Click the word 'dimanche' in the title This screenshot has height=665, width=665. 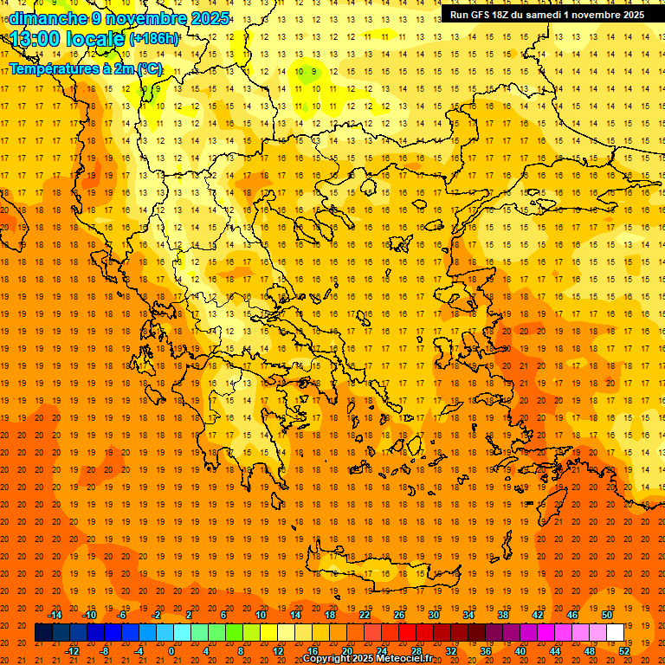coord(48,18)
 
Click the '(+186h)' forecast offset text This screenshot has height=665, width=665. coord(154,39)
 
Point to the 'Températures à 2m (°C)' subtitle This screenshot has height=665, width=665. coord(85,68)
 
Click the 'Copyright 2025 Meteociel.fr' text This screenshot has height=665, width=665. coord(368,659)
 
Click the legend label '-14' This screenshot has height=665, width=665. coord(55,615)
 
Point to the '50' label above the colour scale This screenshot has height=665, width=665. coord(606,615)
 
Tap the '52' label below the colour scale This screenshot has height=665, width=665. coord(624,651)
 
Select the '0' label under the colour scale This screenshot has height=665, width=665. coord(171,651)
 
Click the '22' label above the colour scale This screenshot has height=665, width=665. coord(365,615)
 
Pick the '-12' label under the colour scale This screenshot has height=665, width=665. coord(72,651)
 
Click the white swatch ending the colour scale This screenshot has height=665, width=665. coord(615,633)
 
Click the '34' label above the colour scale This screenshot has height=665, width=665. coord(468,615)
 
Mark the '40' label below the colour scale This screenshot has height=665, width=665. coord(520,651)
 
